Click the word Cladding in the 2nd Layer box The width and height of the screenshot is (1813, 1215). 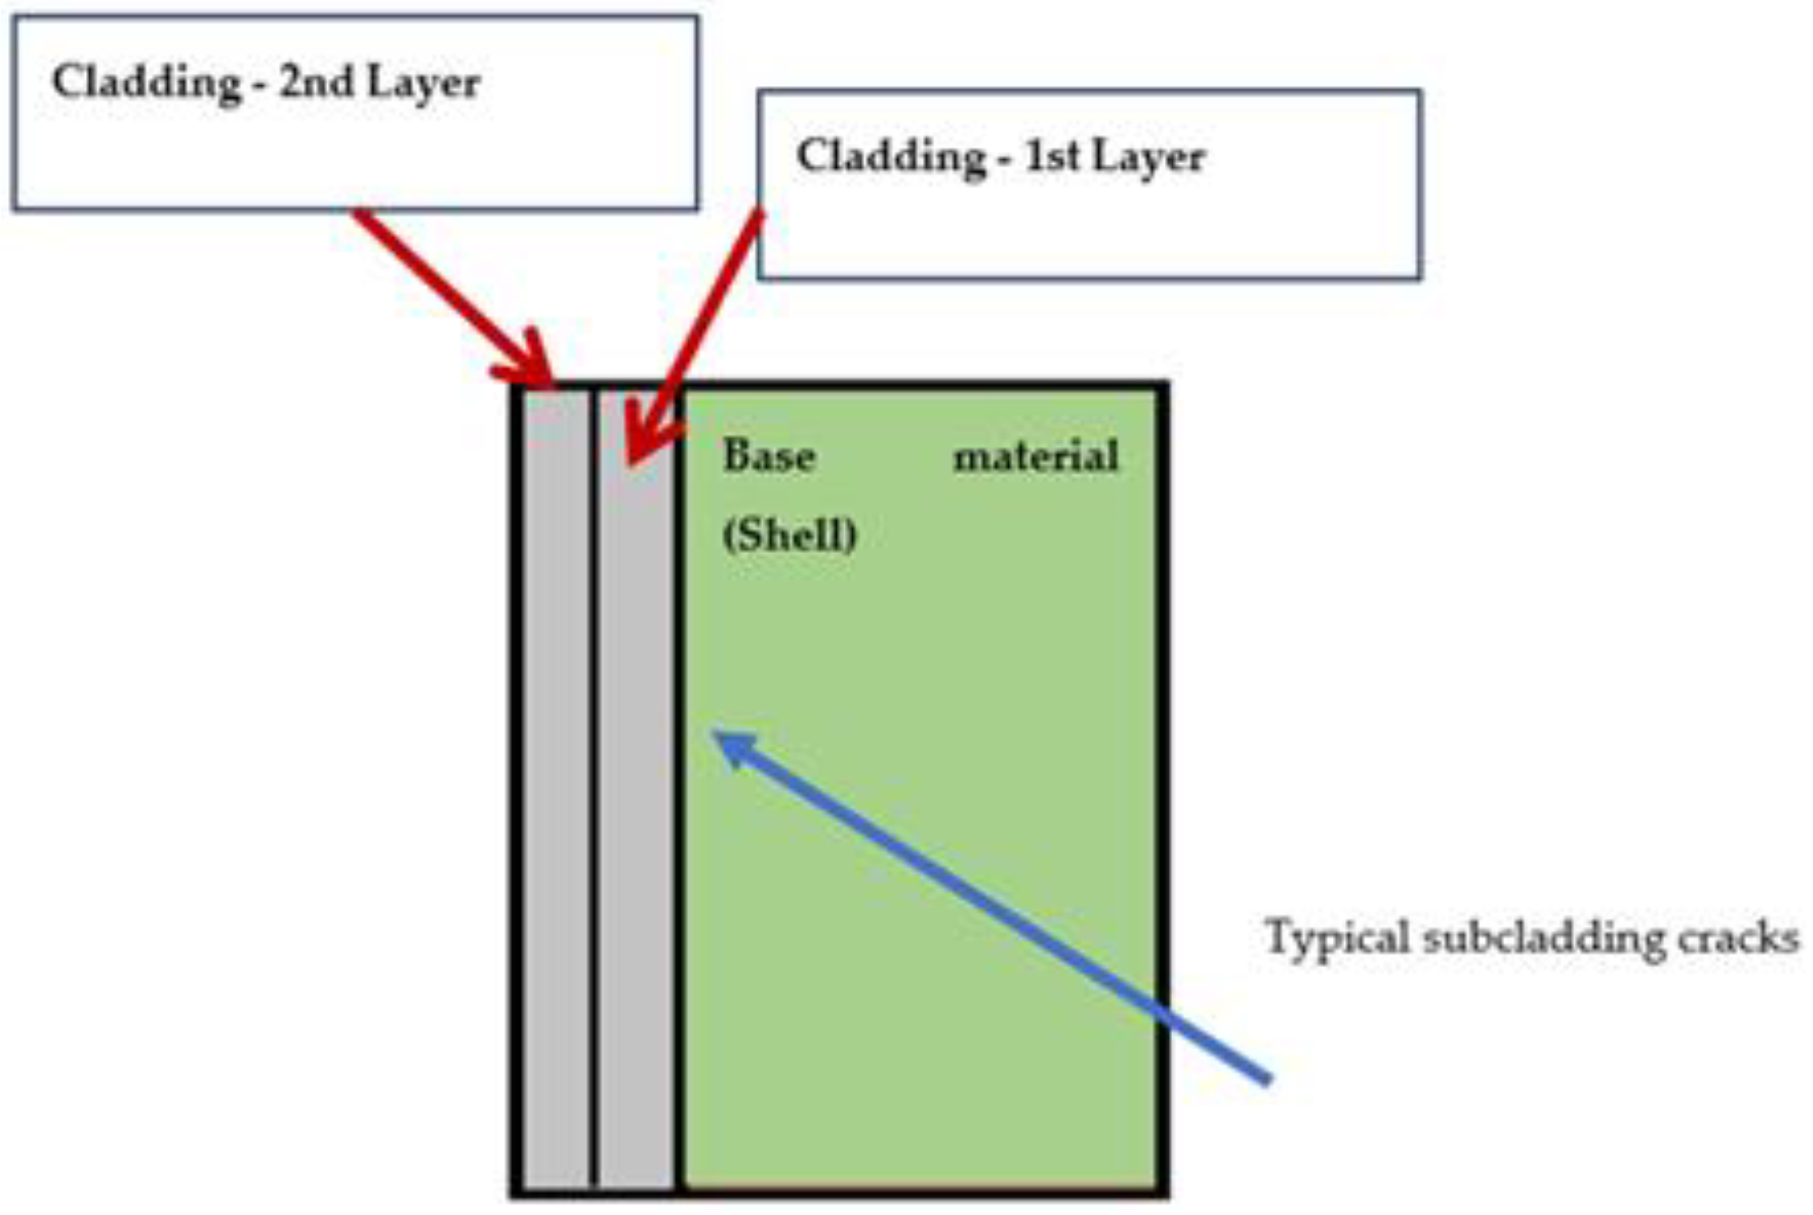pos(146,83)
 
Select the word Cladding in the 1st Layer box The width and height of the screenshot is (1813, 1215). pos(890,156)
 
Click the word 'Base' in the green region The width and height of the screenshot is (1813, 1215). pos(768,456)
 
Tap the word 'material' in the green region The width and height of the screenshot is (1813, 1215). pos(1036,456)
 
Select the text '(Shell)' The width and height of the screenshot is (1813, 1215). pos(790,535)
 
